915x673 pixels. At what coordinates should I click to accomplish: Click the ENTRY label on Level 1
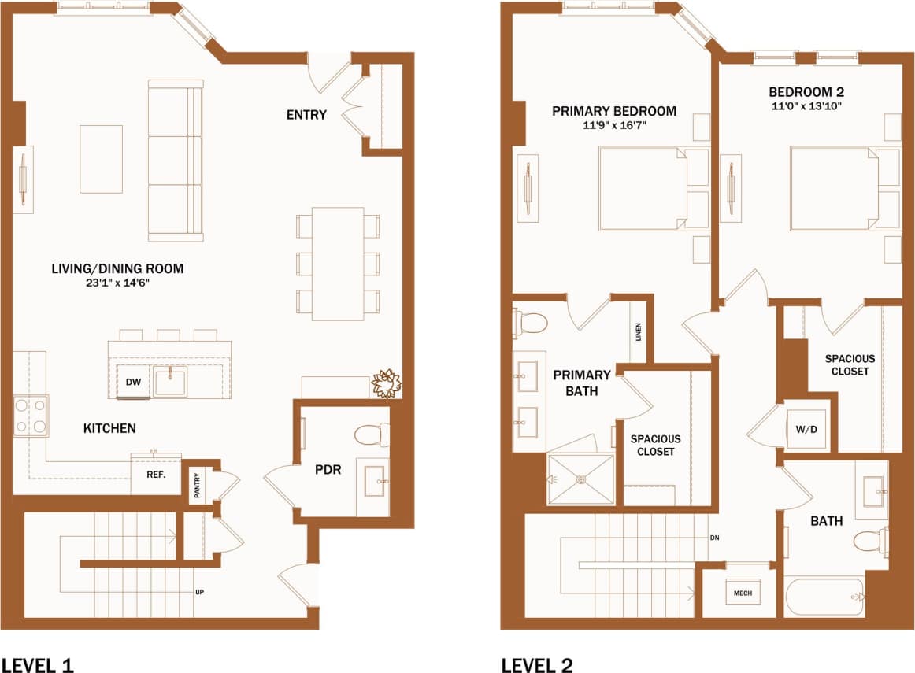[306, 115]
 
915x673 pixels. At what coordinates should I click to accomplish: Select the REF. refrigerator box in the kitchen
[155, 475]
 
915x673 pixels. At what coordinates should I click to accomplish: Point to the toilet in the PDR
[371, 434]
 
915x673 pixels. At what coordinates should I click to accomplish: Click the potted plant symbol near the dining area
[387, 383]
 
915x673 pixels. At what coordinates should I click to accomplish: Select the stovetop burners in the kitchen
[31, 416]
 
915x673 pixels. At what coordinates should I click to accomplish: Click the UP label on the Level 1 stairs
[201, 592]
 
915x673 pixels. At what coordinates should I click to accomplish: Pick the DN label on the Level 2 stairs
[713, 539]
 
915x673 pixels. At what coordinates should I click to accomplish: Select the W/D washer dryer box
[806, 430]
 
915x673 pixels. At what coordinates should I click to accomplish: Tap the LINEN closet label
[639, 332]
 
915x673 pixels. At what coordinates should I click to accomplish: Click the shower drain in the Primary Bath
[581, 478]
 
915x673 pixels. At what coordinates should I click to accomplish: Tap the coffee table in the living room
[101, 159]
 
